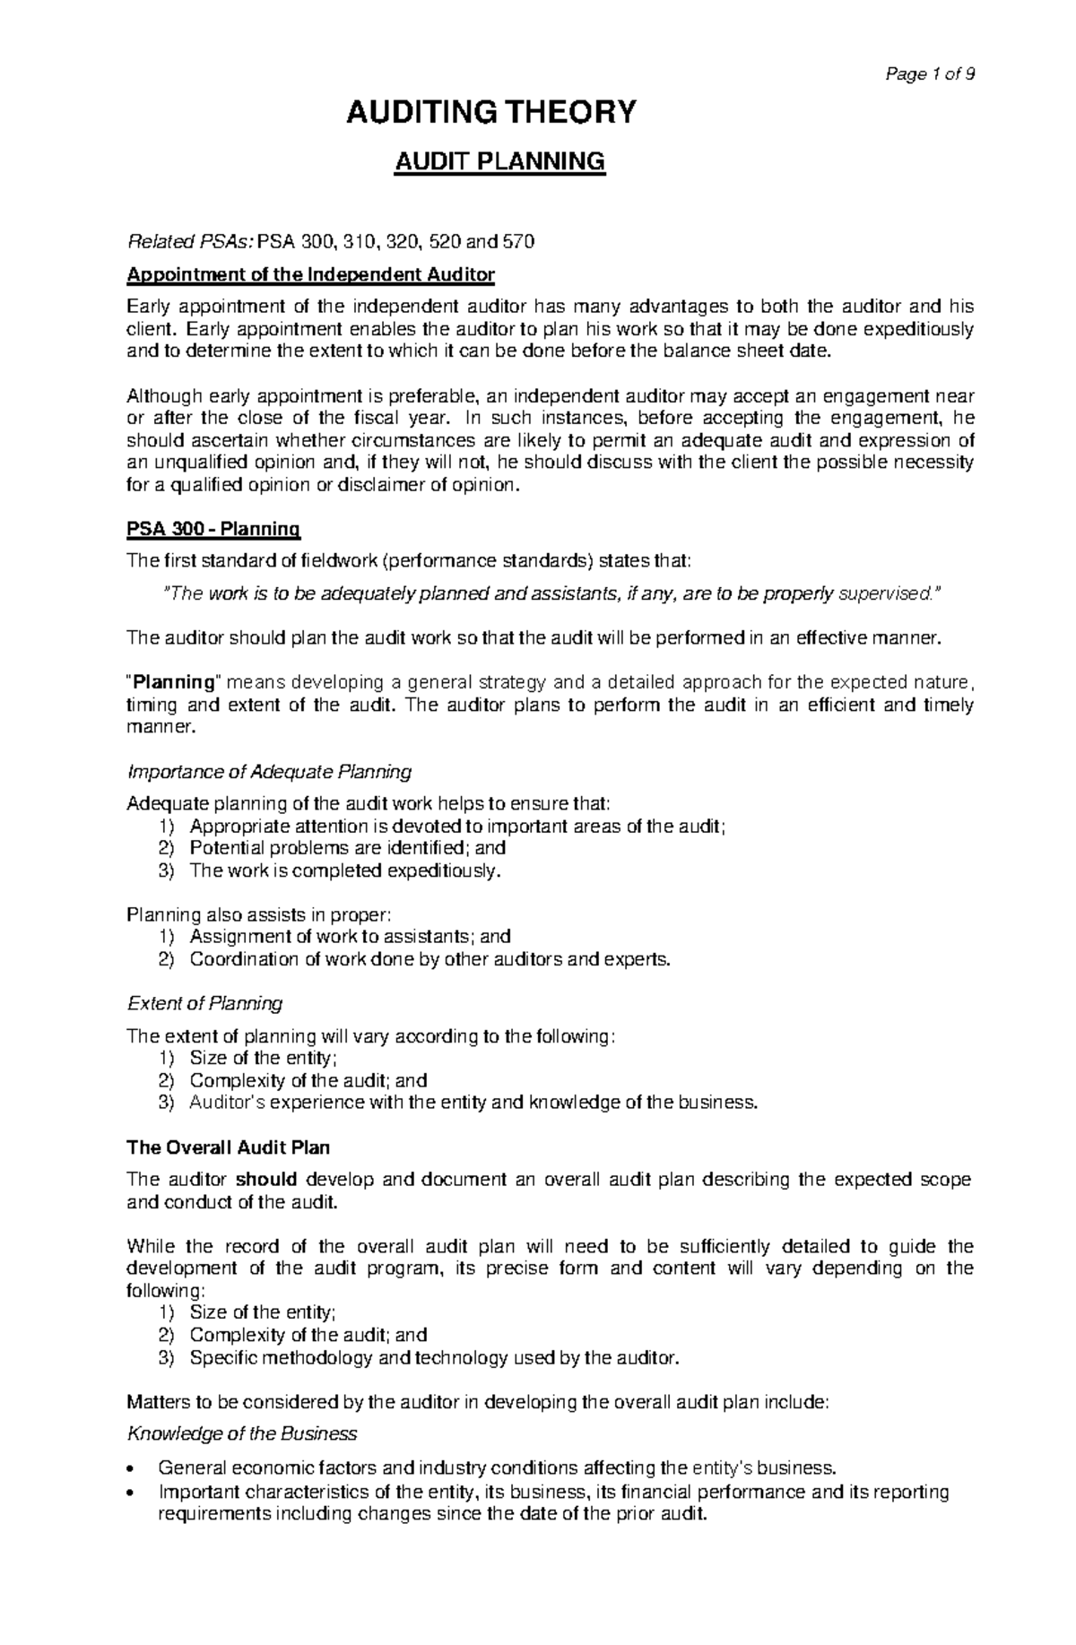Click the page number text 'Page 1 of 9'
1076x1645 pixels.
coord(928,74)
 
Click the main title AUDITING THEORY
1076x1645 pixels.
coord(490,113)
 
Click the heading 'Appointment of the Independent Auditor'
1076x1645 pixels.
coord(310,274)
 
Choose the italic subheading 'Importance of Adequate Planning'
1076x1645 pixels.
coord(270,771)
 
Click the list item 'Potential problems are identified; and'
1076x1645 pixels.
coord(348,848)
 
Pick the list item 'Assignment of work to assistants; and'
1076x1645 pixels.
coord(350,937)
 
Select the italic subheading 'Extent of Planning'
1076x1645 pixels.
coord(205,1002)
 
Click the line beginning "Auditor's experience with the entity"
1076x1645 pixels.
coord(473,1103)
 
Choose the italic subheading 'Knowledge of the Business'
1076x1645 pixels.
coord(242,1433)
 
